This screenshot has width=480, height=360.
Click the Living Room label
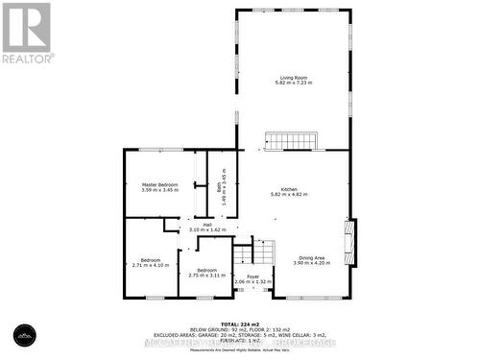[x=294, y=77]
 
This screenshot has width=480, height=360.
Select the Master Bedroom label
[x=160, y=184]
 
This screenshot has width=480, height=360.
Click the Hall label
[x=207, y=225]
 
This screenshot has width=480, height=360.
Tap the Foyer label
[x=252, y=276]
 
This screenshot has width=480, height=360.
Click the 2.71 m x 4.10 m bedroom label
[x=151, y=261]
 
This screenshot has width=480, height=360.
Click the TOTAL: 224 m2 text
[x=240, y=324]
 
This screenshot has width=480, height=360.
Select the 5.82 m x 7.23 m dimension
[x=294, y=83]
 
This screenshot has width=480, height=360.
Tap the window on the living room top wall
[x=293, y=12]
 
